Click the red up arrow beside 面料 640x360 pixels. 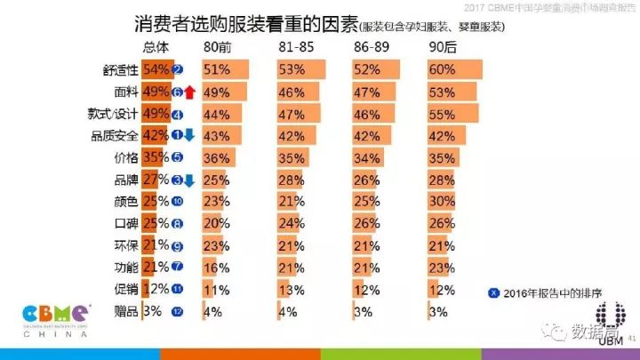click(x=189, y=92)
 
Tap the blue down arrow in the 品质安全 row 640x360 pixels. click(x=189, y=135)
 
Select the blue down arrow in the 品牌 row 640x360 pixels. click(x=189, y=180)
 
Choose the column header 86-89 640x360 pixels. click(x=368, y=47)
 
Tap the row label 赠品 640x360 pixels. click(x=125, y=311)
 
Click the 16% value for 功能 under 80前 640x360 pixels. click(x=216, y=267)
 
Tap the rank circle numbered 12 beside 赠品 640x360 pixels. click(x=177, y=311)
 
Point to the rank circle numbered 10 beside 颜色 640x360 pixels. click(x=177, y=201)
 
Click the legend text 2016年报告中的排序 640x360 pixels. click(x=543, y=293)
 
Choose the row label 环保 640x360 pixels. click(x=125, y=245)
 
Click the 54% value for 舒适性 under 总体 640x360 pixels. click(x=156, y=69)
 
